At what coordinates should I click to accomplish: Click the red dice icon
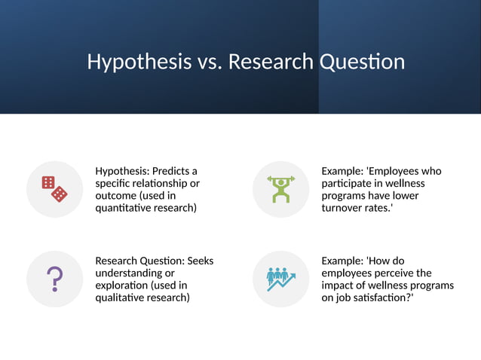click(x=54, y=189)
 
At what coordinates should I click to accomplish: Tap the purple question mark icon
click(x=54, y=279)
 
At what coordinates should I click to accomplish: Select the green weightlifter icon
click(x=280, y=189)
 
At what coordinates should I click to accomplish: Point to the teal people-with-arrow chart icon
click(x=280, y=279)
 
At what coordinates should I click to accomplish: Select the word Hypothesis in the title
click(x=139, y=62)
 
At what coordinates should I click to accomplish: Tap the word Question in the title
click(x=363, y=62)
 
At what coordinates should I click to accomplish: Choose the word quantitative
click(x=124, y=208)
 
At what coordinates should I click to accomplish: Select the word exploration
click(x=120, y=285)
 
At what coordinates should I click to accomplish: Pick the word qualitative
click(x=120, y=297)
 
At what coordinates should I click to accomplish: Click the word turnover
click(x=344, y=208)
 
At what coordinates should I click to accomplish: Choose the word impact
click(x=337, y=285)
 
